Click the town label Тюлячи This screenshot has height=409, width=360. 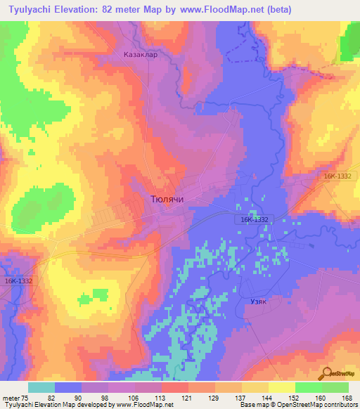point(167,200)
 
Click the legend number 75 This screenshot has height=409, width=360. point(26,398)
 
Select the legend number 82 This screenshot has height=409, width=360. point(69,398)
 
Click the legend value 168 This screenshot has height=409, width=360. point(347,398)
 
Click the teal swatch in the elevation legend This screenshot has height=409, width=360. point(41,387)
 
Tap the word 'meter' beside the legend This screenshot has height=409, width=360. point(11,398)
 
